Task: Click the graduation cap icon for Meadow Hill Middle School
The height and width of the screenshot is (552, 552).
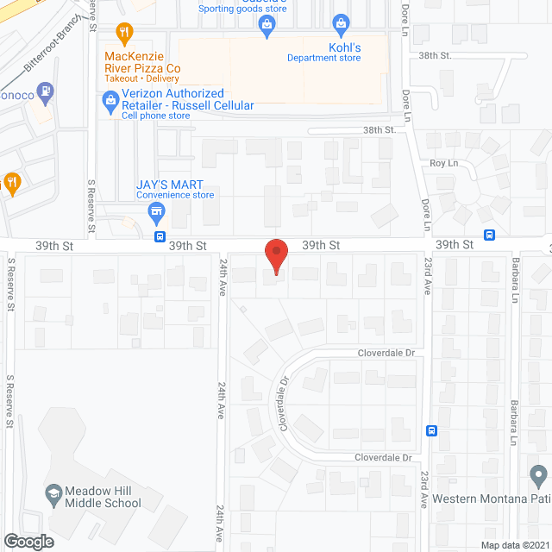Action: pyautogui.click(x=53, y=492)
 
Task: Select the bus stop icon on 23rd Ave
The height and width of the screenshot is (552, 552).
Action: pyautogui.click(x=432, y=430)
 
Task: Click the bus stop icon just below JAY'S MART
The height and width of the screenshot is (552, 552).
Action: pyautogui.click(x=160, y=236)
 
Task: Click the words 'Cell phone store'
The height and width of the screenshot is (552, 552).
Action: pyautogui.click(x=155, y=116)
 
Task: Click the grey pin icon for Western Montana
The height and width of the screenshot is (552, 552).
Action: pyautogui.click(x=539, y=474)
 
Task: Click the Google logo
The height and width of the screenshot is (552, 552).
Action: pyautogui.click(x=28, y=542)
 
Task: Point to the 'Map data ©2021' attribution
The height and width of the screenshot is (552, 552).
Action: pyautogui.click(x=514, y=545)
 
